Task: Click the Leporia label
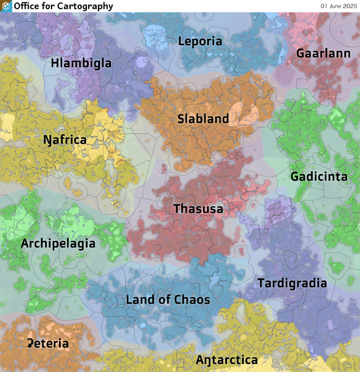point(200,42)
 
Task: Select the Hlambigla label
point(81,63)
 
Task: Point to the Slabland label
point(203,118)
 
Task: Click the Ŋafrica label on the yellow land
point(65,139)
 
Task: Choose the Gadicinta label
point(319,177)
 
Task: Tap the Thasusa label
point(198,209)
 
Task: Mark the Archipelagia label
point(58,244)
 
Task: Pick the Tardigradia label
point(292,283)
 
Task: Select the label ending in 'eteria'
point(48,343)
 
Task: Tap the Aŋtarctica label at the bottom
point(227,360)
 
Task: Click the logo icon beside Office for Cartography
point(7,6)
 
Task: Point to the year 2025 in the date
point(346,6)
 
